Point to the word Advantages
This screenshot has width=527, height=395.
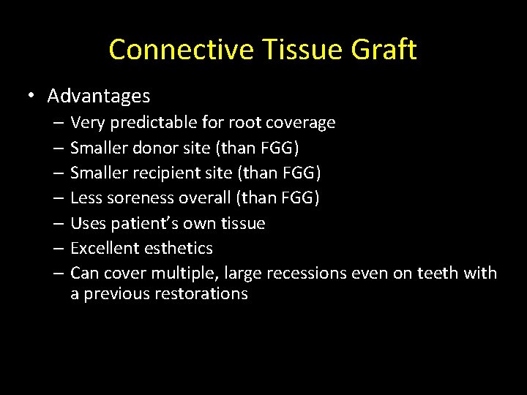pos(99,96)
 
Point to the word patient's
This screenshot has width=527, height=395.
pos(139,223)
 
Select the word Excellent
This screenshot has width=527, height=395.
pos(102,249)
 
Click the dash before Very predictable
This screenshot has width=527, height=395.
pos(58,123)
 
